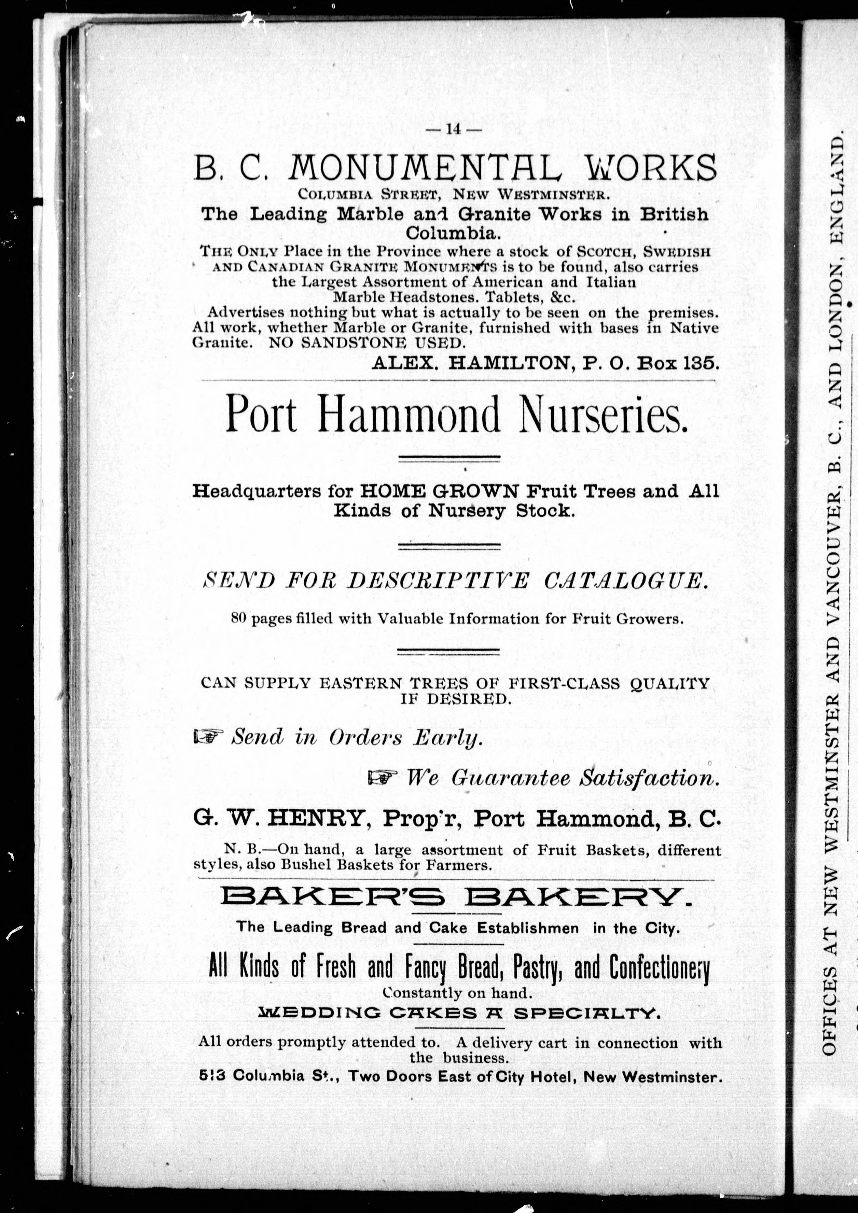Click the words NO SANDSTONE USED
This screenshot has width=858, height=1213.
tap(365, 342)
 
